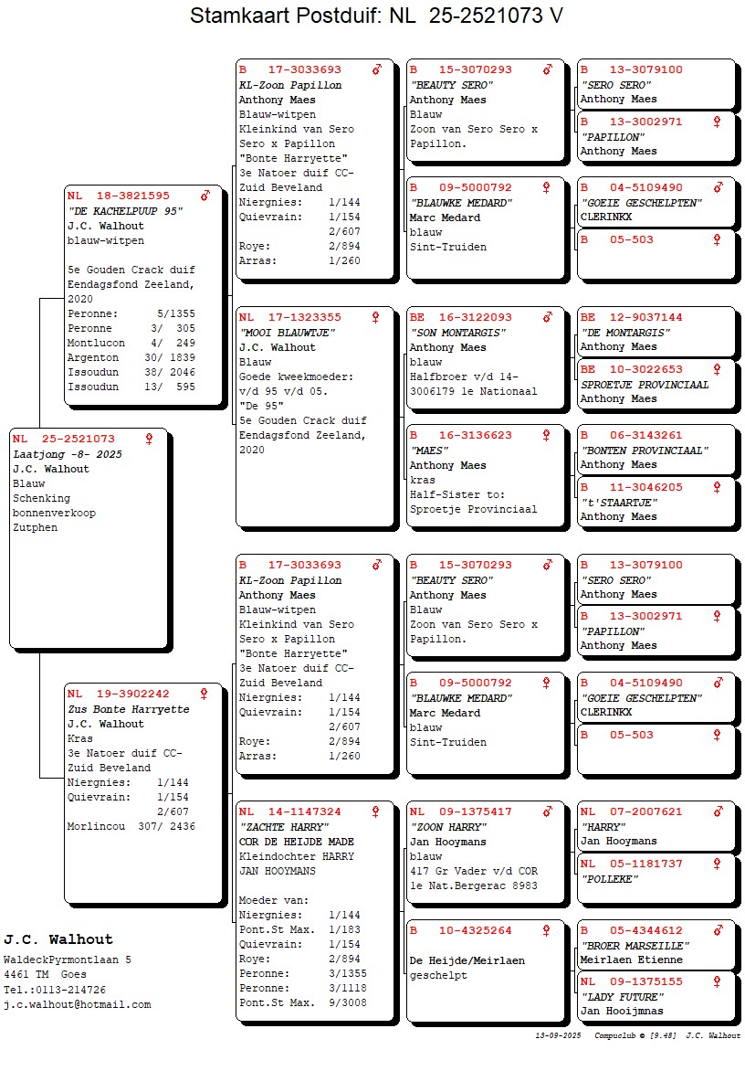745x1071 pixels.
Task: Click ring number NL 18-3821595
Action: coord(119,196)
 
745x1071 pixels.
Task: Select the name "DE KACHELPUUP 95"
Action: coord(125,211)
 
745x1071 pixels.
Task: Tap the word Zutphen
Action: coord(35,527)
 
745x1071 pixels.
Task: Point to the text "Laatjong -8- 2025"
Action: coord(68,454)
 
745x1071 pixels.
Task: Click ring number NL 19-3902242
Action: coord(119,694)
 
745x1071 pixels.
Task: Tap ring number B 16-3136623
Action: coord(461,435)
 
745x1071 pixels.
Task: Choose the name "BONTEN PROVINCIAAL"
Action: coord(645,451)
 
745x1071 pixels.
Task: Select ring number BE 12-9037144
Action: coord(632,317)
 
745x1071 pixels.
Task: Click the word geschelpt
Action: coord(439,975)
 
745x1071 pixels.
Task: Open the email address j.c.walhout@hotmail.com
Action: coord(78,1004)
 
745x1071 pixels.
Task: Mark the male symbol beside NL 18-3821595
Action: coord(205,196)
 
